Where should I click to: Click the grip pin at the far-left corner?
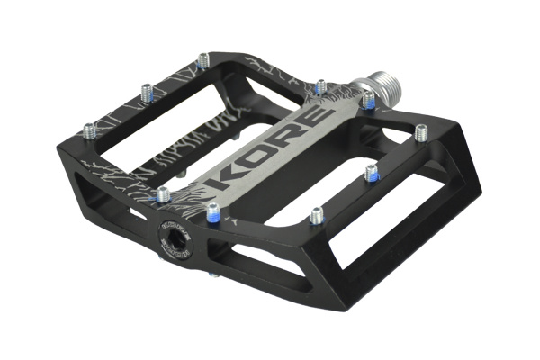point(89,130)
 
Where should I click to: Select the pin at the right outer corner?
point(420,132)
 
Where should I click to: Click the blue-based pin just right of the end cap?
point(212,212)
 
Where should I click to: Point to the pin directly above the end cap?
point(163,194)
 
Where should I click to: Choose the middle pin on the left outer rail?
point(146,91)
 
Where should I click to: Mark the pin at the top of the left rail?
point(202,60)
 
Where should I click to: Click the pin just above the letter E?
point(320,86)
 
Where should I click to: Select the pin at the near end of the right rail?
point(316,215)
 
